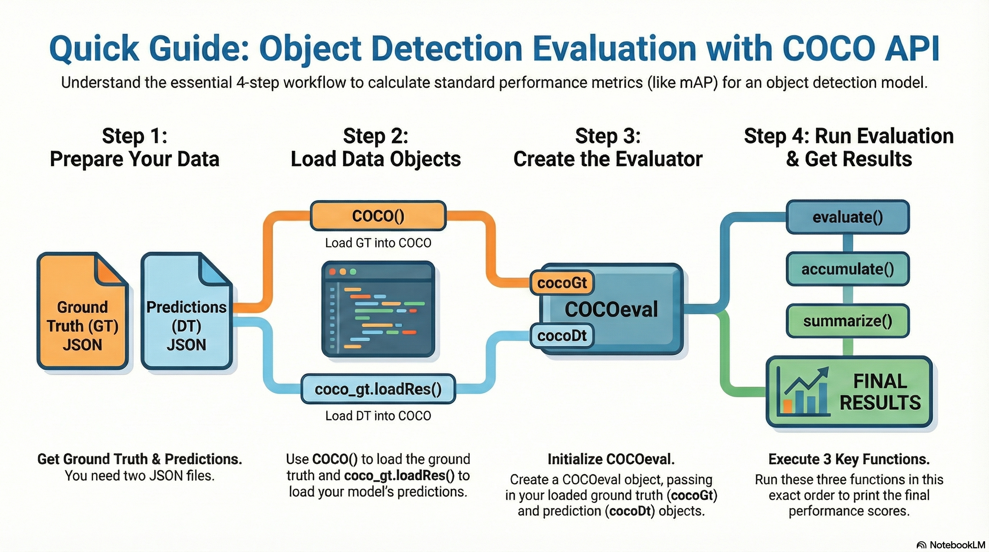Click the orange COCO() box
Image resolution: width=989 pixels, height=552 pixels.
378,216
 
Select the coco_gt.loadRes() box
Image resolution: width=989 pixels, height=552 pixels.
378,389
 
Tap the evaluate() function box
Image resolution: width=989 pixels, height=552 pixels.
847,217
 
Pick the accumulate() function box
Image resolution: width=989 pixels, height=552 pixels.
847,269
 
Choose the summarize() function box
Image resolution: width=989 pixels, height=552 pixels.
847,321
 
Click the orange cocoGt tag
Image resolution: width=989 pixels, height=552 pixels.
562,283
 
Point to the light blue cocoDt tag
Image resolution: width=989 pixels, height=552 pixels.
562,336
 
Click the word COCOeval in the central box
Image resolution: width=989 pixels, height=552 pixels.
611,309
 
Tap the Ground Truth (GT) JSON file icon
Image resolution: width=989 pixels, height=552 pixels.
83,311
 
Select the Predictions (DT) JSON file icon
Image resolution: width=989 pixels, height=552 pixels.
187,311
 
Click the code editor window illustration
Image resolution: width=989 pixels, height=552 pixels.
378,309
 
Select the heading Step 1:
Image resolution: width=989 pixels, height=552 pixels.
134,136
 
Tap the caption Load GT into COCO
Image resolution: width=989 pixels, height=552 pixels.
378,243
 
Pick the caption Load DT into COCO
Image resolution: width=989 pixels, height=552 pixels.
378,416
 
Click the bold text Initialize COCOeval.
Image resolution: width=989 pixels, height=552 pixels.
611,459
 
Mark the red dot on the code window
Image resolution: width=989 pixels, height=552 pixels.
332,272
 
